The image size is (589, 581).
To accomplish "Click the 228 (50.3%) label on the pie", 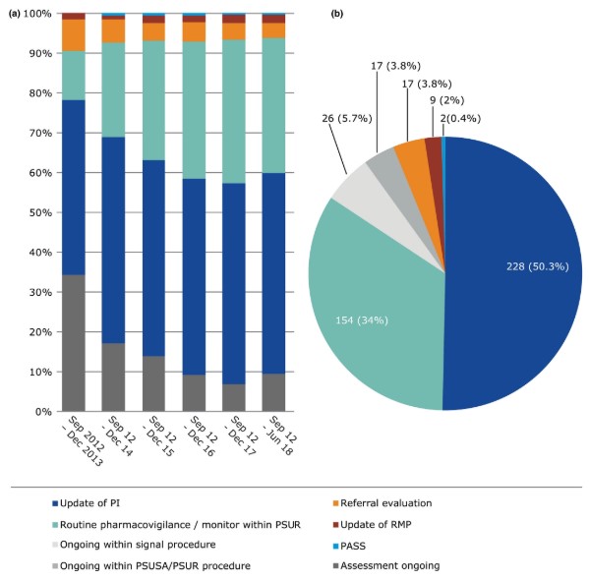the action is click(538, 266).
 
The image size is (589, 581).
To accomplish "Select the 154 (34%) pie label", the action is click(361, 320).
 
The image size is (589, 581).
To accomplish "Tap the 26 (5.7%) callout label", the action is click(347, 119).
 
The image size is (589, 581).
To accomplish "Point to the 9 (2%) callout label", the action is click(447, 100).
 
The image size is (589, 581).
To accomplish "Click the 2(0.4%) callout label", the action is click(460, 119).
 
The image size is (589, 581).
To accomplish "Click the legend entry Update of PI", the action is click(86, 503).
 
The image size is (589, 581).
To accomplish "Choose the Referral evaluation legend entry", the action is click(383, 503).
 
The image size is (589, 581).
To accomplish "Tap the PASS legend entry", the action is click(349, 546).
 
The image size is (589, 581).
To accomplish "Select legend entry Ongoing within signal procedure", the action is click(134, 545).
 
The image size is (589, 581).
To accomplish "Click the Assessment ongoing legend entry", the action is click(386, 565).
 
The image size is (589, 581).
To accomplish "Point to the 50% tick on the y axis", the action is click(40, 212).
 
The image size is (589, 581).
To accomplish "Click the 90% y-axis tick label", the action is click(40, 54).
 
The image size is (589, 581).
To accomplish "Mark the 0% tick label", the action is click(43, 412).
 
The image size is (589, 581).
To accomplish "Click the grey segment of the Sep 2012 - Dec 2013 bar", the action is click(74, 343).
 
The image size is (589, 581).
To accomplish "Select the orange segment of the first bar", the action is click(74, 35).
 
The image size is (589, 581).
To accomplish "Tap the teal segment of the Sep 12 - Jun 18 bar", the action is click(273, 105).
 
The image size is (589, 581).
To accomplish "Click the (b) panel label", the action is click(336, 14).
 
